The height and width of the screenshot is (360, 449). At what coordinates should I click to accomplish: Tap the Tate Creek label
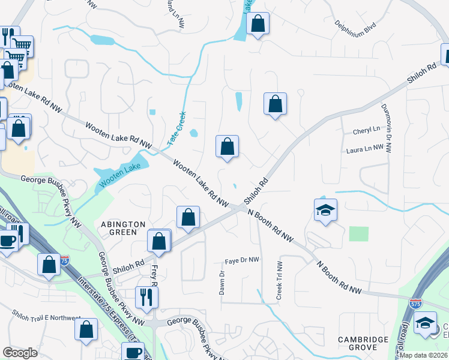tap(178, 126)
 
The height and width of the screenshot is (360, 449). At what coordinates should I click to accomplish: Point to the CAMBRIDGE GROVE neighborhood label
tap(363, 344)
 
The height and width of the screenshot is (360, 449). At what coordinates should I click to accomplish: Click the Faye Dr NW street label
tap(242, 260)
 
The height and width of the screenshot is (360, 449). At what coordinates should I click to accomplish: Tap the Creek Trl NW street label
tap(279, 280)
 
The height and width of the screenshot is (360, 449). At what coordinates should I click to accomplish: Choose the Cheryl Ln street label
tap(367, 130)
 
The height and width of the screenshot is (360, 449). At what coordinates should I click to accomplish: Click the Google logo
tap(20, 353)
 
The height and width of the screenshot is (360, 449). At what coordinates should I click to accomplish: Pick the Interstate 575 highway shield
tap(415, 304)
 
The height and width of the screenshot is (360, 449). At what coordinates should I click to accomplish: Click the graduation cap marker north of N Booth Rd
tap(325, 211)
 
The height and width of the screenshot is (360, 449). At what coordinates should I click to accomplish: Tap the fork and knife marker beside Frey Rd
tap(146, 296)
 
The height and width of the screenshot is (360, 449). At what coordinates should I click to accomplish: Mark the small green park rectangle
tap(358, 233)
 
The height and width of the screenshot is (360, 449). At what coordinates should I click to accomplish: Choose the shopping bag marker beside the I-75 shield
tap(49, 265)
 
